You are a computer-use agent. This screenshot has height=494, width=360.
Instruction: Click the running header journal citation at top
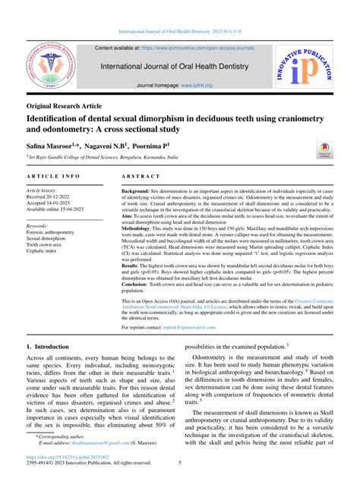pyautogui.click(x=180, y=32)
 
